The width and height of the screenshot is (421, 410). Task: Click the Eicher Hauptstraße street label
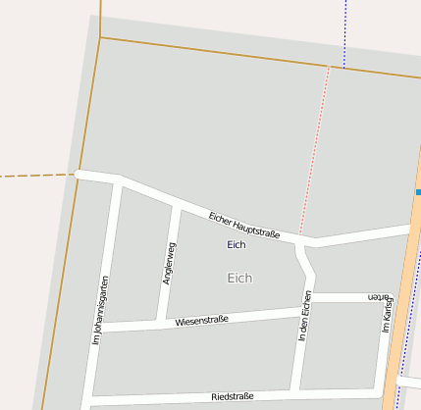click(x=244, y=225)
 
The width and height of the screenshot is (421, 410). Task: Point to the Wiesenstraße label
click(x=201, y=320)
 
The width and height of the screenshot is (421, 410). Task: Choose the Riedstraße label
click(x=232, y=396)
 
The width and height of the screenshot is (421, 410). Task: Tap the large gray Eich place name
click(x=239, y=278)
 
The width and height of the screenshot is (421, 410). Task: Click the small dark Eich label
click(x=237, y=244)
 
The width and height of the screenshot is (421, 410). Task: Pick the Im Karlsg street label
click(x=387, y=313)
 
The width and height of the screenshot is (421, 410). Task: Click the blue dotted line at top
click(x=345, y=29)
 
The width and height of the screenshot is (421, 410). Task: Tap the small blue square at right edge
click(x=418, y=192)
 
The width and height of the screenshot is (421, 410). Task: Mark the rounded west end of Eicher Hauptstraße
click(x=79, y=175)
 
